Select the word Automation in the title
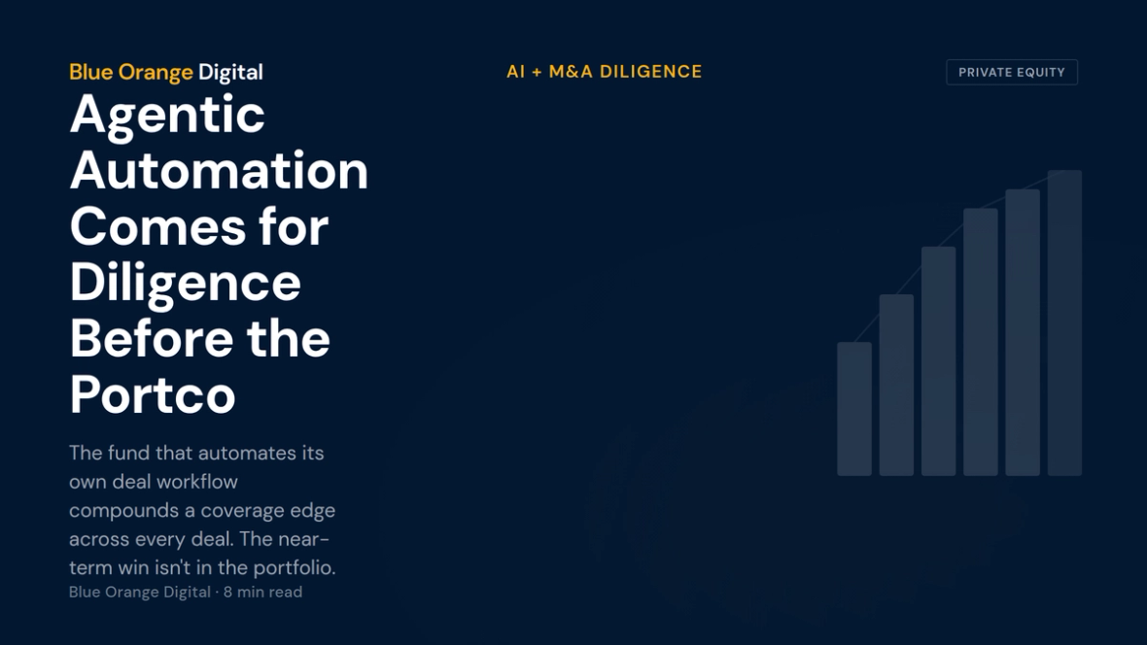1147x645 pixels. coord(219,170)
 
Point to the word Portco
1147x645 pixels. coord(153,395)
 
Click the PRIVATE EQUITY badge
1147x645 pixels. coord(1012,73)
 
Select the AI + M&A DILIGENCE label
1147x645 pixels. coord(605,72)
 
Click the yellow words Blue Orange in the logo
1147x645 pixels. coord(131,73)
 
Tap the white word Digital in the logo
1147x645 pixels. coord(230,72)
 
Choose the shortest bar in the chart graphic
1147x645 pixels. coord(854,409)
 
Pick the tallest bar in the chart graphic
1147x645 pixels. coord(1064,323)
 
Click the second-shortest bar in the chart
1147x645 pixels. coord(896,386)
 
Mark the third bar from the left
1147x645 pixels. coord(939,361)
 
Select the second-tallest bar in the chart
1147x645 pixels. coord(1023,333)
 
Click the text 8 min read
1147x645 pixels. coord(262,593)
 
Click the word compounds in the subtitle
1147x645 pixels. coord(123,511)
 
